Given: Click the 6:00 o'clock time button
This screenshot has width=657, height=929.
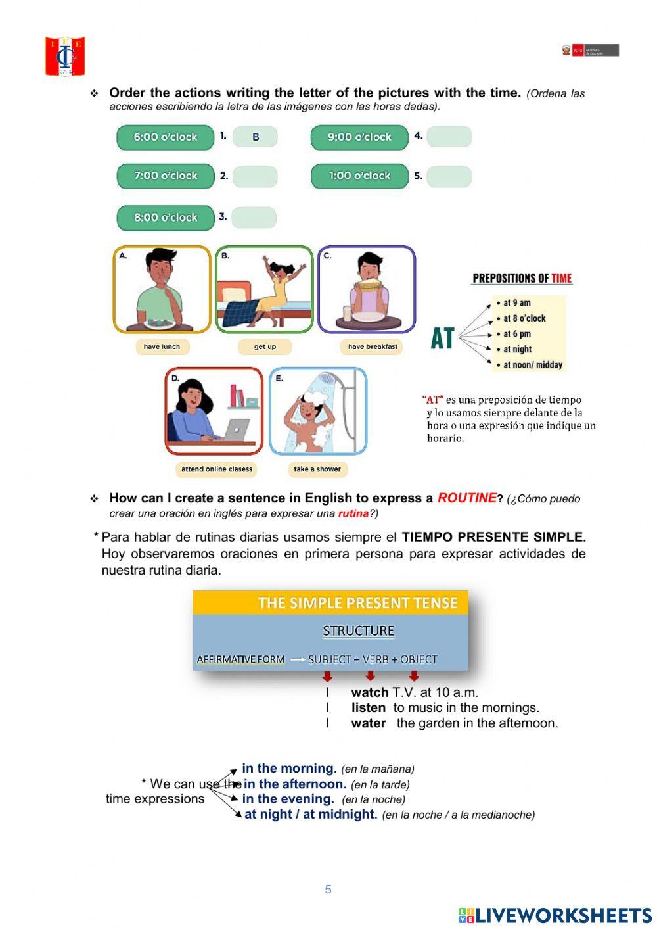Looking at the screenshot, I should (166, 137).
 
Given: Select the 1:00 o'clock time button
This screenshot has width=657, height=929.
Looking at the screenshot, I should (359, 176).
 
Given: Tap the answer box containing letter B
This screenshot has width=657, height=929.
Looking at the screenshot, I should (255, 137).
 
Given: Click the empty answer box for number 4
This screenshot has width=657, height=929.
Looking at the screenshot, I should (449, 137).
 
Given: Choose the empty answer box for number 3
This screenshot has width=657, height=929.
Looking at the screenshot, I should (254, 218).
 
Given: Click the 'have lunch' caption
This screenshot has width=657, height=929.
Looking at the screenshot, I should (162, 346).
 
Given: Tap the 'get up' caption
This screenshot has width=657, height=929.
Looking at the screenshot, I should (265, 346).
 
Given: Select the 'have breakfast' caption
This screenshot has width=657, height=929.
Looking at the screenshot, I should (373, 346).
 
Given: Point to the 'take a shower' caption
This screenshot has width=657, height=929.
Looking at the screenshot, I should (317, 469).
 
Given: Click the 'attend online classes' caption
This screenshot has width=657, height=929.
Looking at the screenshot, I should (217, 469).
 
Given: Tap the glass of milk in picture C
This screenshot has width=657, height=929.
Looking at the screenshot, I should (347, 314).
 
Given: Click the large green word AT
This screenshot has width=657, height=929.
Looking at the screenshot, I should (442, 339).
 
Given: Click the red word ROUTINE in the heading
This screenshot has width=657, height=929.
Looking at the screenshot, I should (466, 498).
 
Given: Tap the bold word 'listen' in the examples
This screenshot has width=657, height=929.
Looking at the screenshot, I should (369, 708).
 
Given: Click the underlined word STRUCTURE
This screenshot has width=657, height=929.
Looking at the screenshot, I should (358, 631).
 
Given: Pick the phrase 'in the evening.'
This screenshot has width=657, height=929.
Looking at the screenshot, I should (288, 799).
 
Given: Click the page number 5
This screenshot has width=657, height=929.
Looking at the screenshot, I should (328, 890).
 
